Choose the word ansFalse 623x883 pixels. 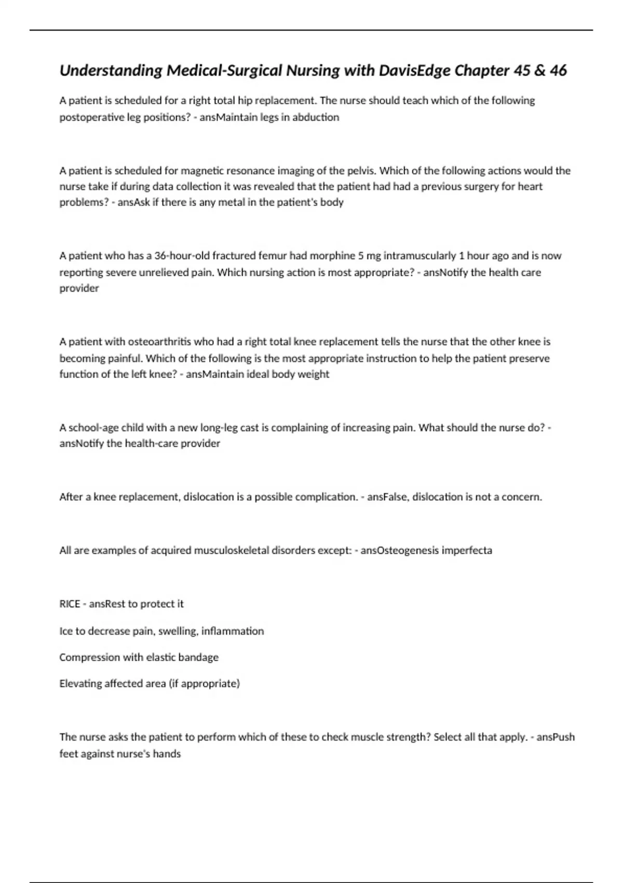(387, 497)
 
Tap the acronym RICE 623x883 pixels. (70, 604)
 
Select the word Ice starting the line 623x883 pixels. (65, 631)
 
